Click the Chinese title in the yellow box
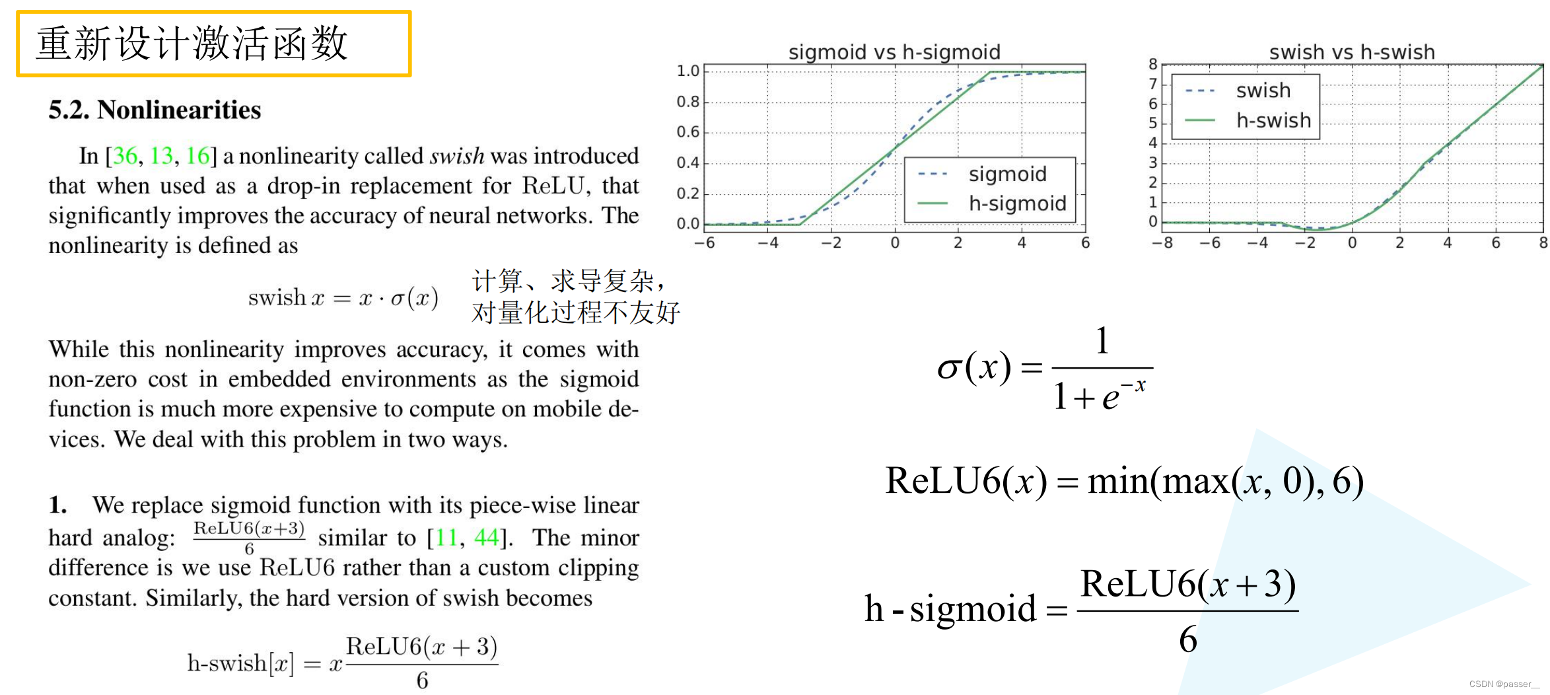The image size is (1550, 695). [x=192, y=44]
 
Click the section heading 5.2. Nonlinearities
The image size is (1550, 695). [x=155, y=110]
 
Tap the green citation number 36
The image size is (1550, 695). [x=125, y=156]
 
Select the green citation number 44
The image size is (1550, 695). [x=486, y=538]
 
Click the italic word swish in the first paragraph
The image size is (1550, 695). [x=456, y=156]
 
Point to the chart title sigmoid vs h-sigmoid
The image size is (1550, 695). [x=894, y=52]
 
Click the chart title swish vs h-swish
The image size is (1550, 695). [x=1351, y=52]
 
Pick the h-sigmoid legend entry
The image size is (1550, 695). [x=1016, y=203]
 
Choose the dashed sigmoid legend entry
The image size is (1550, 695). [x=1007, y=174]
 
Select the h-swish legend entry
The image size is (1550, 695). [x=1273, y=120]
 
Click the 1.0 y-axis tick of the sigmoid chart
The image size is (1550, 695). [x=687, y=71]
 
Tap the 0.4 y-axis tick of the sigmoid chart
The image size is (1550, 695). [x=687, y=163]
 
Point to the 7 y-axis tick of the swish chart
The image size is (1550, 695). [x=1152, y=84]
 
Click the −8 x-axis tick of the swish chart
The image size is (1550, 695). [x=1162, y=243]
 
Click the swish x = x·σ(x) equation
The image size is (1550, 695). [x=343, y=298]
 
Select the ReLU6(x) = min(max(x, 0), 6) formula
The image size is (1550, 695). [x=1124, y=481]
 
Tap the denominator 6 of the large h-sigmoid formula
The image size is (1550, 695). [x=1187, y=640]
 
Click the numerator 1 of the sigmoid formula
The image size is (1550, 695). [x=1102, y=341]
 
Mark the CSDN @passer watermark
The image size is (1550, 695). [x=1504, y=684]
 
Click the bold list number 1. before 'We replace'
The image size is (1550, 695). [x=57, y=505]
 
